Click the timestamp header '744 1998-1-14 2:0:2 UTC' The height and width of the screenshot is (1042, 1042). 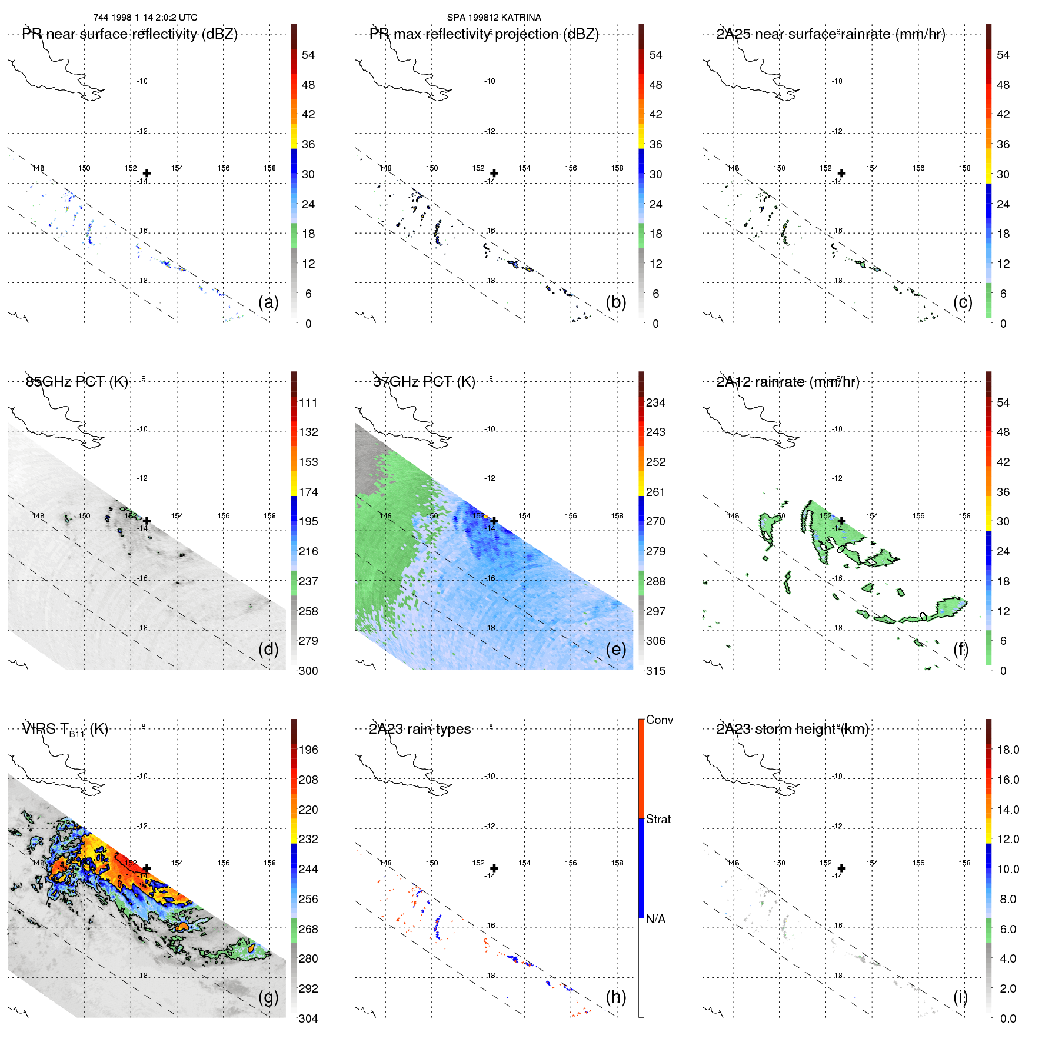click(x=145, y=18)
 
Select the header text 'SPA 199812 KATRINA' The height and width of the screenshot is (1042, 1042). click(x=494, y=18)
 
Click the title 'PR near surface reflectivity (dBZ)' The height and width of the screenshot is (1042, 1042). click(x=129, y=34)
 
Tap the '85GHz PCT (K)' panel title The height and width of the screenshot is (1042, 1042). click(x=76, y=382)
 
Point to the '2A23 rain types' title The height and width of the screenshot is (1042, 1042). click(x=420, y=729)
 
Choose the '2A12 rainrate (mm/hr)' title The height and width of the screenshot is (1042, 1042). click(x=787, y=382)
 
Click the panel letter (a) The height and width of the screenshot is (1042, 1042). click(x=268, y=302)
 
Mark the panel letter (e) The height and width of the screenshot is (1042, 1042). click(x=615, y=649)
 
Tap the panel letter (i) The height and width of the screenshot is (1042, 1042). click(x=960, y=997)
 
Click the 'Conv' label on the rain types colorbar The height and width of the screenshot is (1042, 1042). click(x=659, y=720)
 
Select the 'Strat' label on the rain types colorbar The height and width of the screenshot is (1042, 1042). click(x=658, y=819)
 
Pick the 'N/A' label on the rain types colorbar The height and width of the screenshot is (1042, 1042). click(x=655, y=919)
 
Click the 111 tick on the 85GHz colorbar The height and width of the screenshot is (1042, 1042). click(x=308, y=402)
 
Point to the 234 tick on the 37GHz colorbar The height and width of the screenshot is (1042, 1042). click(x=655, y=402)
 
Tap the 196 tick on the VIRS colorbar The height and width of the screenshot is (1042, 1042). click(x=308, y=750)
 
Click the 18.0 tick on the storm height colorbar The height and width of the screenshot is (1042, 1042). click(x=1007, y=750)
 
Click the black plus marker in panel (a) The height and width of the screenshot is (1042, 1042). click(x=147, y=173)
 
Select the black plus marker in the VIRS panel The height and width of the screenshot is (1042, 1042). click(x=147, y=868)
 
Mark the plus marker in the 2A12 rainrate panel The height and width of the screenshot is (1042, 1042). click(x=841, y=521)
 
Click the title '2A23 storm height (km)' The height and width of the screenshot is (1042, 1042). click(x=792, y=729)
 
